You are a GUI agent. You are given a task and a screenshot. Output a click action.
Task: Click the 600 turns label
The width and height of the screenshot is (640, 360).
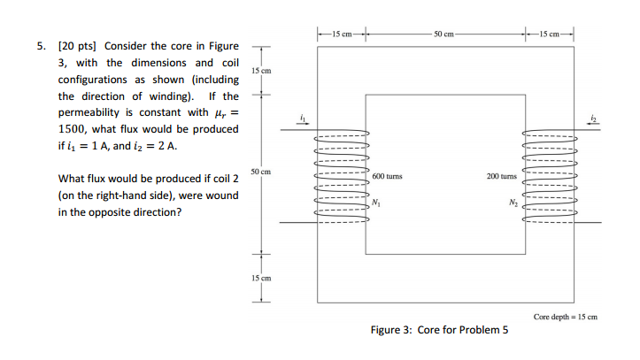[388, 176]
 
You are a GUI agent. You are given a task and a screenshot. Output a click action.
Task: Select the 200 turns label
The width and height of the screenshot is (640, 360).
[502, 176]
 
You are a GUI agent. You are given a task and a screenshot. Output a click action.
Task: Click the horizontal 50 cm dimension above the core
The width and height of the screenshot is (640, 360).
[445, 33]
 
